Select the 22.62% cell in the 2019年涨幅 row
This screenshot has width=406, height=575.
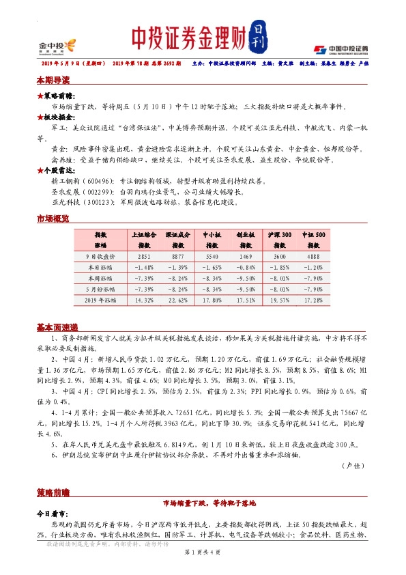coord(178,298)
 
